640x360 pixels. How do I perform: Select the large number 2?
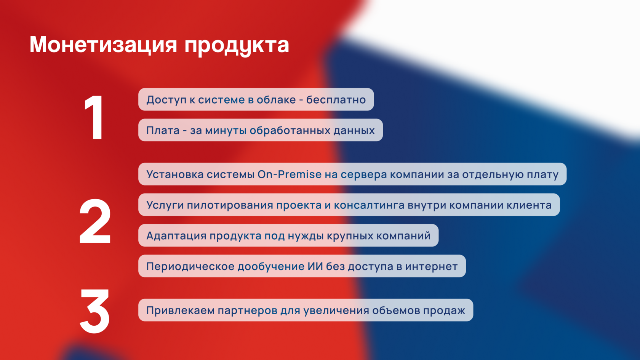(95, 221)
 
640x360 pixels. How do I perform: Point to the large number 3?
(94, 311)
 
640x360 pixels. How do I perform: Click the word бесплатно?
(336, 100)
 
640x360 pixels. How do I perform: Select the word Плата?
(163, 131)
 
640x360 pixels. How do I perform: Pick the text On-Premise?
(290, 174)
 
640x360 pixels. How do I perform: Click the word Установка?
(175, 174)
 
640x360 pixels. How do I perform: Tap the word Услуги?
(165, 205)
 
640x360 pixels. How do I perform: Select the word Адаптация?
(176, 236)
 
